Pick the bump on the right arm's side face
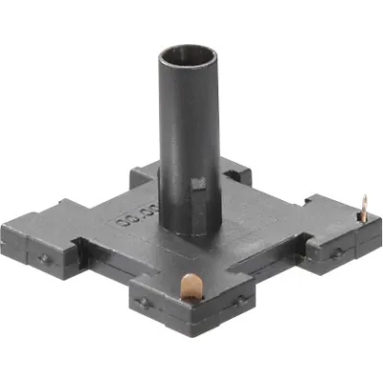coord(337,254)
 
